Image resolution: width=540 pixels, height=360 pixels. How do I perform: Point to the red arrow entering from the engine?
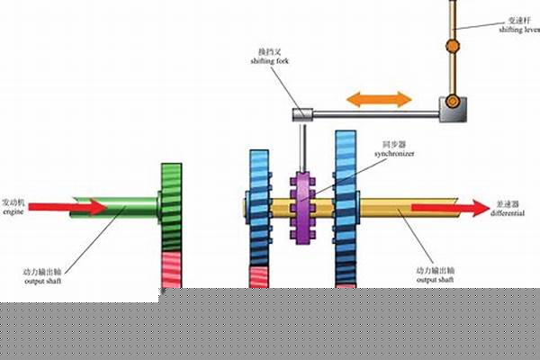80,208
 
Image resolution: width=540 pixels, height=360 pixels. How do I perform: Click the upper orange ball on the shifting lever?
453,45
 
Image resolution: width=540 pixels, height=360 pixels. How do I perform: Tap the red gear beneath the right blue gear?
346,274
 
